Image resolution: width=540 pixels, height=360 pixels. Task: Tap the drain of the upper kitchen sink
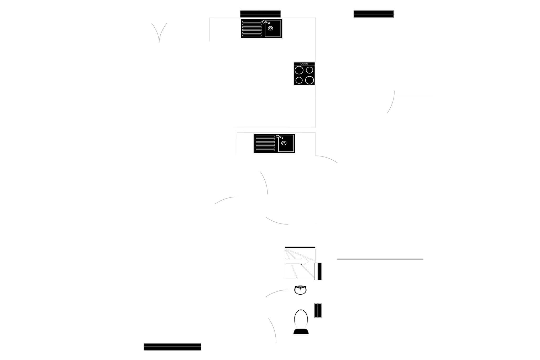[x=270, y=28]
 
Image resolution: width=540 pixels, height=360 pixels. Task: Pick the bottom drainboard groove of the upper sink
[x=252, y=35]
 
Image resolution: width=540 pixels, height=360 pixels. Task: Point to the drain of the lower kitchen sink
[x=284, y=143]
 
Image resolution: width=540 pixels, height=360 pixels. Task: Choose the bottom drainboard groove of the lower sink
[x=265, y=150]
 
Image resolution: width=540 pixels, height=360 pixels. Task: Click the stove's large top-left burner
[x=299, y=70]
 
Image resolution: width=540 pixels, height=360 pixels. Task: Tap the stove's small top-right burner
[x=310, y=70]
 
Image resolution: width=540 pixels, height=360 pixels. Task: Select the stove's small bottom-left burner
[x=299, y=80]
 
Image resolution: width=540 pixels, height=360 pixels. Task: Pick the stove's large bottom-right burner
[x=310, y=80]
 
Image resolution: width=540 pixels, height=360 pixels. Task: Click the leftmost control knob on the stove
[x=301, y=64]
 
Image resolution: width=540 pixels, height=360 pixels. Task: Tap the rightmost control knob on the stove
[x=307, y=64]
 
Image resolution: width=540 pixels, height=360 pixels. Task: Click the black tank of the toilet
[x=301, y=331]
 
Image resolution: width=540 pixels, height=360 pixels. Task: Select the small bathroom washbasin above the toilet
[x=300, y=290]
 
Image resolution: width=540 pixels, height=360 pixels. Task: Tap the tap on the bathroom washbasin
[x=300, y=288]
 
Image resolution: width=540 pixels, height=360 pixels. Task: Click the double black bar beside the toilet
[x=318, y=310]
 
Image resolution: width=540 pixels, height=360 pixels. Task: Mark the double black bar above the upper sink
[x=260, y=14]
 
